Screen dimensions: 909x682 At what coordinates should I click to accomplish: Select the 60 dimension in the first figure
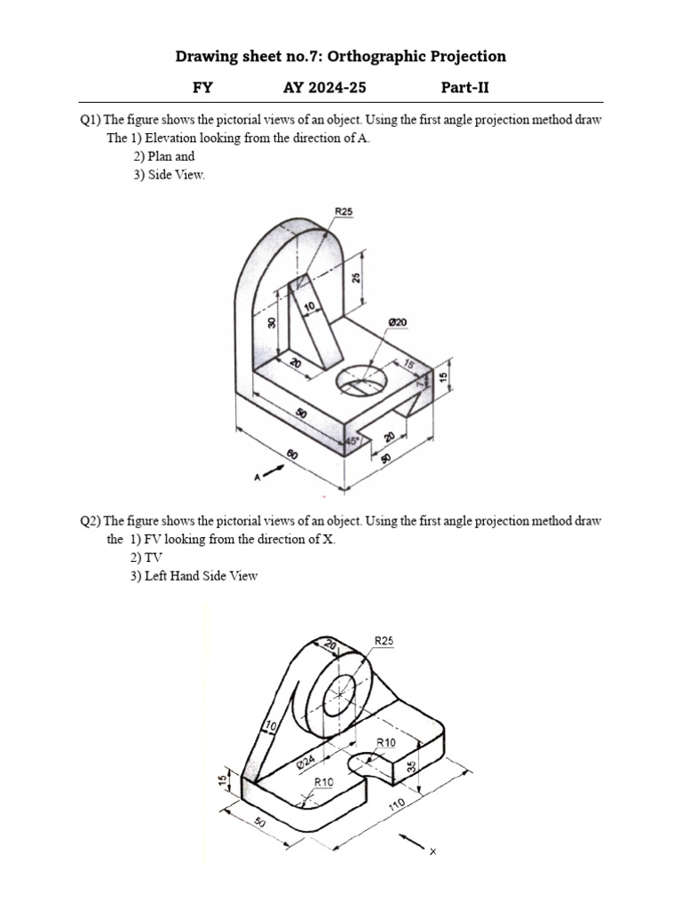point(293,456)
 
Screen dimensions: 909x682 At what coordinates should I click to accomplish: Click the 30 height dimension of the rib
point(272,323)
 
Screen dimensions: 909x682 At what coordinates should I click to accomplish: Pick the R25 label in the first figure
point(344,211)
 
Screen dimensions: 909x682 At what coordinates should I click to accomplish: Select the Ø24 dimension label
point(305,761)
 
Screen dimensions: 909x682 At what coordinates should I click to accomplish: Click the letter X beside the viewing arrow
point(433,852)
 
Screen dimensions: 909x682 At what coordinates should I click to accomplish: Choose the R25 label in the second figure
point(385,639)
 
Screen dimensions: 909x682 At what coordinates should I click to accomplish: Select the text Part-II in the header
point(465,87)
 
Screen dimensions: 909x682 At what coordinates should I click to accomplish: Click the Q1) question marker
point(91,120)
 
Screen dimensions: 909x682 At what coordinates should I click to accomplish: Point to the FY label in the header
point(203,87)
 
